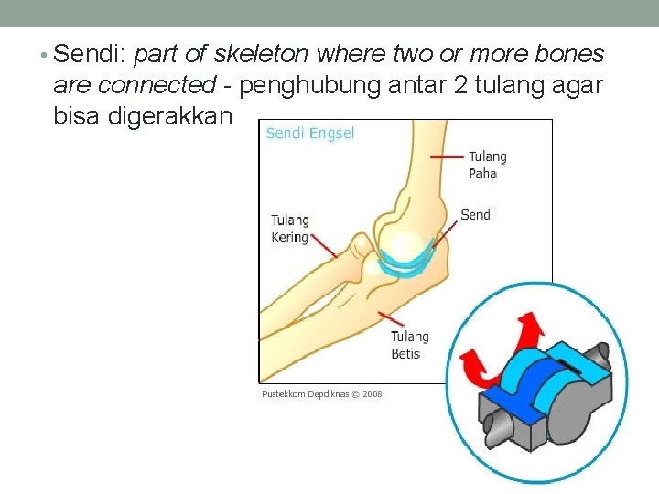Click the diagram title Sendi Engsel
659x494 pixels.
pos(310,134)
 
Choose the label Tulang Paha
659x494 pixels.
pos(487,165)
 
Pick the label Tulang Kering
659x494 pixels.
pos(290,229)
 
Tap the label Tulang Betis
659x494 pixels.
pos(409,345)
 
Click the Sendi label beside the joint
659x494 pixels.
pos(477,215)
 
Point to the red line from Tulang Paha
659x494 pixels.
pos(447,157)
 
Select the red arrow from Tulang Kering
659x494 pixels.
pos(325,245)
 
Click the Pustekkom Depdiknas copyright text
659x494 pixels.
pos(322,394)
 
